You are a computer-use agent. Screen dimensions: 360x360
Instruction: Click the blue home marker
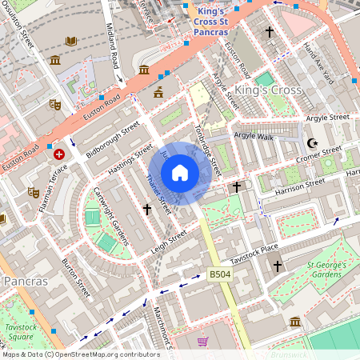180,173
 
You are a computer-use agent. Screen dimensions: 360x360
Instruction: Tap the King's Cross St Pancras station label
211,22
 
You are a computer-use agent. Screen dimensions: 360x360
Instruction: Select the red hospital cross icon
58,152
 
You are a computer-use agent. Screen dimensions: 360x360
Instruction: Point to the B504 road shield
219,275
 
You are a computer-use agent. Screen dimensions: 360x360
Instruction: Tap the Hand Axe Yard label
318,62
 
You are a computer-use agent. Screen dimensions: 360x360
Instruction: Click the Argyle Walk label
254,137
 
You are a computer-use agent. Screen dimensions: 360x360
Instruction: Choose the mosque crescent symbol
312,143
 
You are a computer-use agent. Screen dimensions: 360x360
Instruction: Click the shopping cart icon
202,342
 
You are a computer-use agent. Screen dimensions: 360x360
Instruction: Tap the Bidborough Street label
113,138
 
